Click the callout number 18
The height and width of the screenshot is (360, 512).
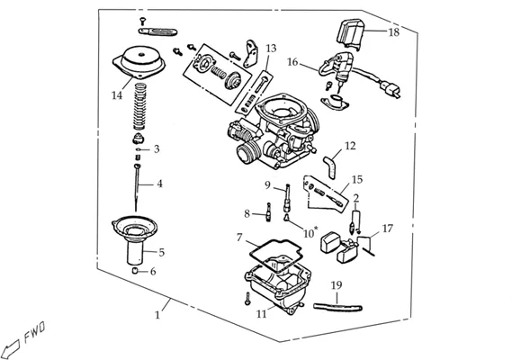pos(394,32)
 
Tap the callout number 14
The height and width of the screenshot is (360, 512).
pos(117,95)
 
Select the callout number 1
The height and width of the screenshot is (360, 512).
pos(157,315)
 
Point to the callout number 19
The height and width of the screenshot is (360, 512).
pos(337,285)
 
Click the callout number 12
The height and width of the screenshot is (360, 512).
pos(350,146)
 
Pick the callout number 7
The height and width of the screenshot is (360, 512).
pos(239,238)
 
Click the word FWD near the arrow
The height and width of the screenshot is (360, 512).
pos(34,332)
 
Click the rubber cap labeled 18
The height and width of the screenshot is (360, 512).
pos(350,34)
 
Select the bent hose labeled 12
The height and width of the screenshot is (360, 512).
pos(330,166)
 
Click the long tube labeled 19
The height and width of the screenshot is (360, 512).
pos(337,308)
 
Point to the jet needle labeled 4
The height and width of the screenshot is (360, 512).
pos(137,188)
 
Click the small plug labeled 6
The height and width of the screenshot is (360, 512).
pos(135,271)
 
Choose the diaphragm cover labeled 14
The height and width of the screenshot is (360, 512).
pos(139,62)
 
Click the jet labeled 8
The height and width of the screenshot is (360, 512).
pos(268,212)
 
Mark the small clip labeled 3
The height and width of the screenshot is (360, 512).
pos(139,149)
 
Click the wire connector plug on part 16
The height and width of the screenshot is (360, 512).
pos(391,89)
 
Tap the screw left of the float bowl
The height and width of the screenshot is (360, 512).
pos(247,299)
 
